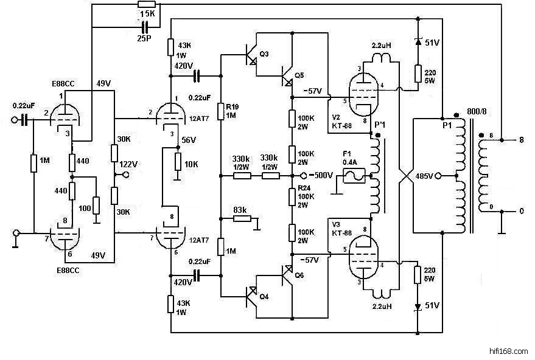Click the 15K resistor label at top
pos(147,13)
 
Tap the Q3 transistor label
pos(264,54)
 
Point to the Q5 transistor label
pos(298,75)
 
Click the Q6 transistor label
pos(298,275)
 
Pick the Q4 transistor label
pos(265,297)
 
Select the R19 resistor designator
pos(232,107)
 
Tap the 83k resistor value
pos(241,210)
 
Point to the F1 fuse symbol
pos(352,175)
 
